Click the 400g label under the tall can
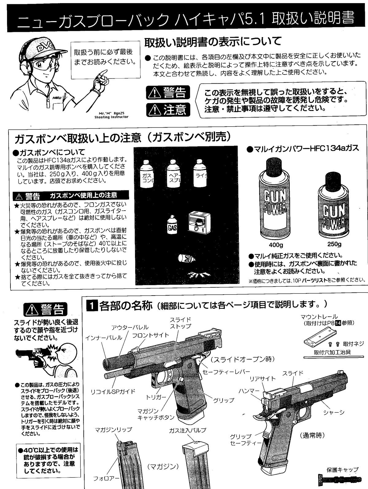[x=276, y=245]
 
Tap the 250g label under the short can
[x=334, y=244]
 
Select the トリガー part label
[x=156, y=397]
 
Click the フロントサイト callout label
[x=151, y=335]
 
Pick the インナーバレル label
[x=104, y=338]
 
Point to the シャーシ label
[x=334, y=412]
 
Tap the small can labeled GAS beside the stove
[x=172, y=225]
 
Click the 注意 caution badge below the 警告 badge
[x=168, y=110]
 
